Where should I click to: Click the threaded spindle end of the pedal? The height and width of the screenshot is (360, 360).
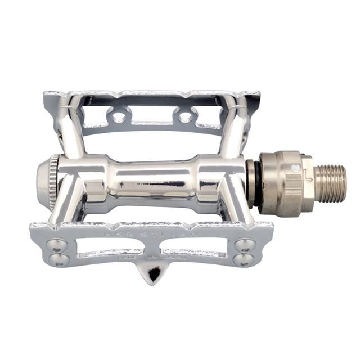330,183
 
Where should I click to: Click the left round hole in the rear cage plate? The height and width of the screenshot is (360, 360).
119,118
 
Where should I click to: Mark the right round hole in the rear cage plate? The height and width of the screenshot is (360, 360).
184,117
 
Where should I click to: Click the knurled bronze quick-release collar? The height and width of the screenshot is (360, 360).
281,183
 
